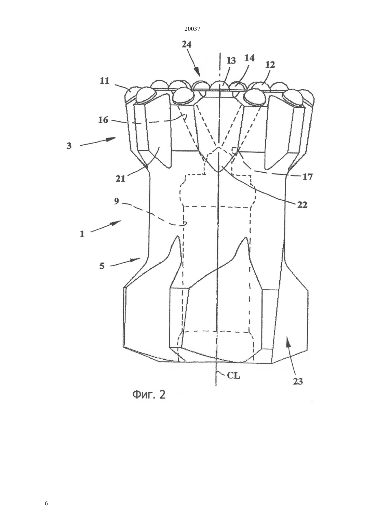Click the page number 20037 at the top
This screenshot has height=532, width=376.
coord(192,29)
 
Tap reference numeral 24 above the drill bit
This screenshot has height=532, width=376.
coord(187,44)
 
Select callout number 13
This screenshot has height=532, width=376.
coord(231,61)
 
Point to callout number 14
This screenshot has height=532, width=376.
coord(250,58)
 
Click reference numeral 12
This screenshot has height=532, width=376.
coord(270,65)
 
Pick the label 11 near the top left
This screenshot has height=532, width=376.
coord(105,81)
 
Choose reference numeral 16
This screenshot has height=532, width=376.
coord(103,120)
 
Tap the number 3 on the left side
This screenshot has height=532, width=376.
coord(69,146)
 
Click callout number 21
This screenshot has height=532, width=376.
coord(120,178)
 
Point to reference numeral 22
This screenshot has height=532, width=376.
coord(302,204)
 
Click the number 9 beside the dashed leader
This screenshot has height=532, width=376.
coord(117,201)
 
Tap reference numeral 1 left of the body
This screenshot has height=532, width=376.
coord(82,234)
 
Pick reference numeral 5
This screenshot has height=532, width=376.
coord(102,266)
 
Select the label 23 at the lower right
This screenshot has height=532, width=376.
coord(298,381)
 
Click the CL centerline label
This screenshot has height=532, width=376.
coord(233,375)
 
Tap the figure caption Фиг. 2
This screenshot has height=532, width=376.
coord(149,395)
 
